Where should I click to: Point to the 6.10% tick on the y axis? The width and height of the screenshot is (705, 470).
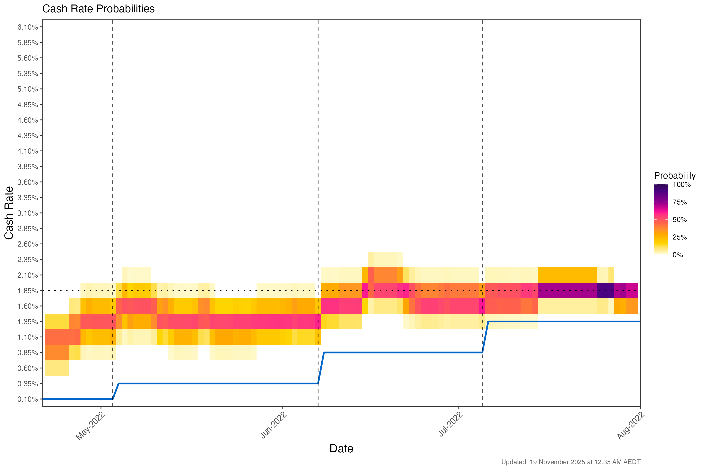point(28,27)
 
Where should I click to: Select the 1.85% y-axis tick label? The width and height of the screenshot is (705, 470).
point(28,291)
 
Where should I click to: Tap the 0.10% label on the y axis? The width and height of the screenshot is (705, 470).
point(28,399)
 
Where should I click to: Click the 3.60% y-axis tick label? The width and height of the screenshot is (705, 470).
point(28,182)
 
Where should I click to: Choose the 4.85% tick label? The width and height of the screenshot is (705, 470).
point(28,105)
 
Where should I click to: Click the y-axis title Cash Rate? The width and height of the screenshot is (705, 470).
point(9,213)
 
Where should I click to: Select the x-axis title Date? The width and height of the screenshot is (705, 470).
point(341,448)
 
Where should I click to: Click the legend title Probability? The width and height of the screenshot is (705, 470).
point(674,176)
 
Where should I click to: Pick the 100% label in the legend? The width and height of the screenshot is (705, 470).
point(681,185)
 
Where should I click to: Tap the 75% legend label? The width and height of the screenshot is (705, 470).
point(680,202)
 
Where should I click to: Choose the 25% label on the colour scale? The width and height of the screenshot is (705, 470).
point(680,237)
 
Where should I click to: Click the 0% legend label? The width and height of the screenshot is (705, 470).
point(678,255)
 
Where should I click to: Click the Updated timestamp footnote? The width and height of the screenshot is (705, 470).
point(571,462)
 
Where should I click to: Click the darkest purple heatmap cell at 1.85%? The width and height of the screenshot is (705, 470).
point(605,290)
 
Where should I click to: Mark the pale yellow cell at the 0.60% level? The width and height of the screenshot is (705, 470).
point(57,368)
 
